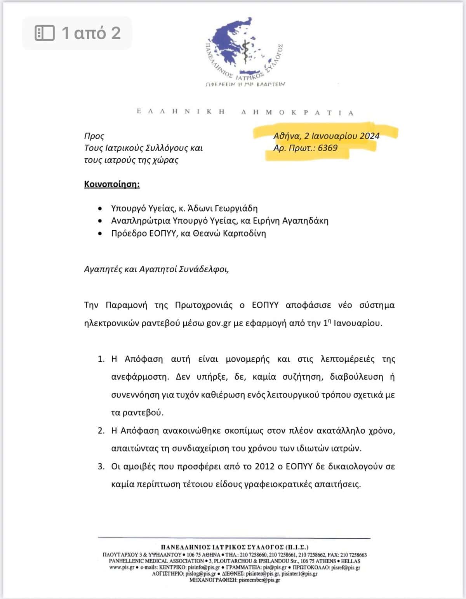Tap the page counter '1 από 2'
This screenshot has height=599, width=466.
(91, 33)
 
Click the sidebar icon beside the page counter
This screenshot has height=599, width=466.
(45, 33)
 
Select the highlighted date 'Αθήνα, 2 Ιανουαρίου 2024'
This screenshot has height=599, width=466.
(326, 136)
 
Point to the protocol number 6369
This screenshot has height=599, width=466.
(327, 148)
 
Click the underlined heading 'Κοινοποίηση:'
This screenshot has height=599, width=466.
(112, 184)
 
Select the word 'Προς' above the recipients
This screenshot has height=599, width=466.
(94, 136)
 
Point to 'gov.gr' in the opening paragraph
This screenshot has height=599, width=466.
(219, 323)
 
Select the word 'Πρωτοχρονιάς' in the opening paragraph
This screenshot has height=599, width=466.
(203, 305)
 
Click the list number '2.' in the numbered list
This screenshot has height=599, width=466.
(101, 431)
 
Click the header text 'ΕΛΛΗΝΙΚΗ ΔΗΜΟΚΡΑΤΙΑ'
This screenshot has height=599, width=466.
(245, 112)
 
